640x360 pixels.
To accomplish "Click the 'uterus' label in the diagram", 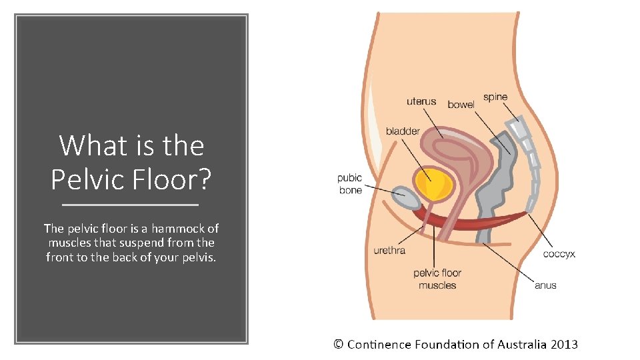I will pos(421,101).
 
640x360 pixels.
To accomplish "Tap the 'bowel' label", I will pos(461,105).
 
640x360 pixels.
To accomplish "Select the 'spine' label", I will pos(495,97).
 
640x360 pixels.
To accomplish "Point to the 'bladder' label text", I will pos(403,131).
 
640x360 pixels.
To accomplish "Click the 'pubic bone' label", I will pos(350,184).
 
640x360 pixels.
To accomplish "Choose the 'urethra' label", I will pos(389,251).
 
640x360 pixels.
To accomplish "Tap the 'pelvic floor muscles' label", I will pos(437,279).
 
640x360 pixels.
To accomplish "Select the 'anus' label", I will pos(545,285).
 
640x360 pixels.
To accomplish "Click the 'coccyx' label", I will pos(559,253).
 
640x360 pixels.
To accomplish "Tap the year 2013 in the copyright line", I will pos(564,345).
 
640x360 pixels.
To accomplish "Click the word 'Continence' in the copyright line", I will pos(379,345).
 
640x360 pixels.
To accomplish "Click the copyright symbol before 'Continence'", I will pos(339,345).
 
